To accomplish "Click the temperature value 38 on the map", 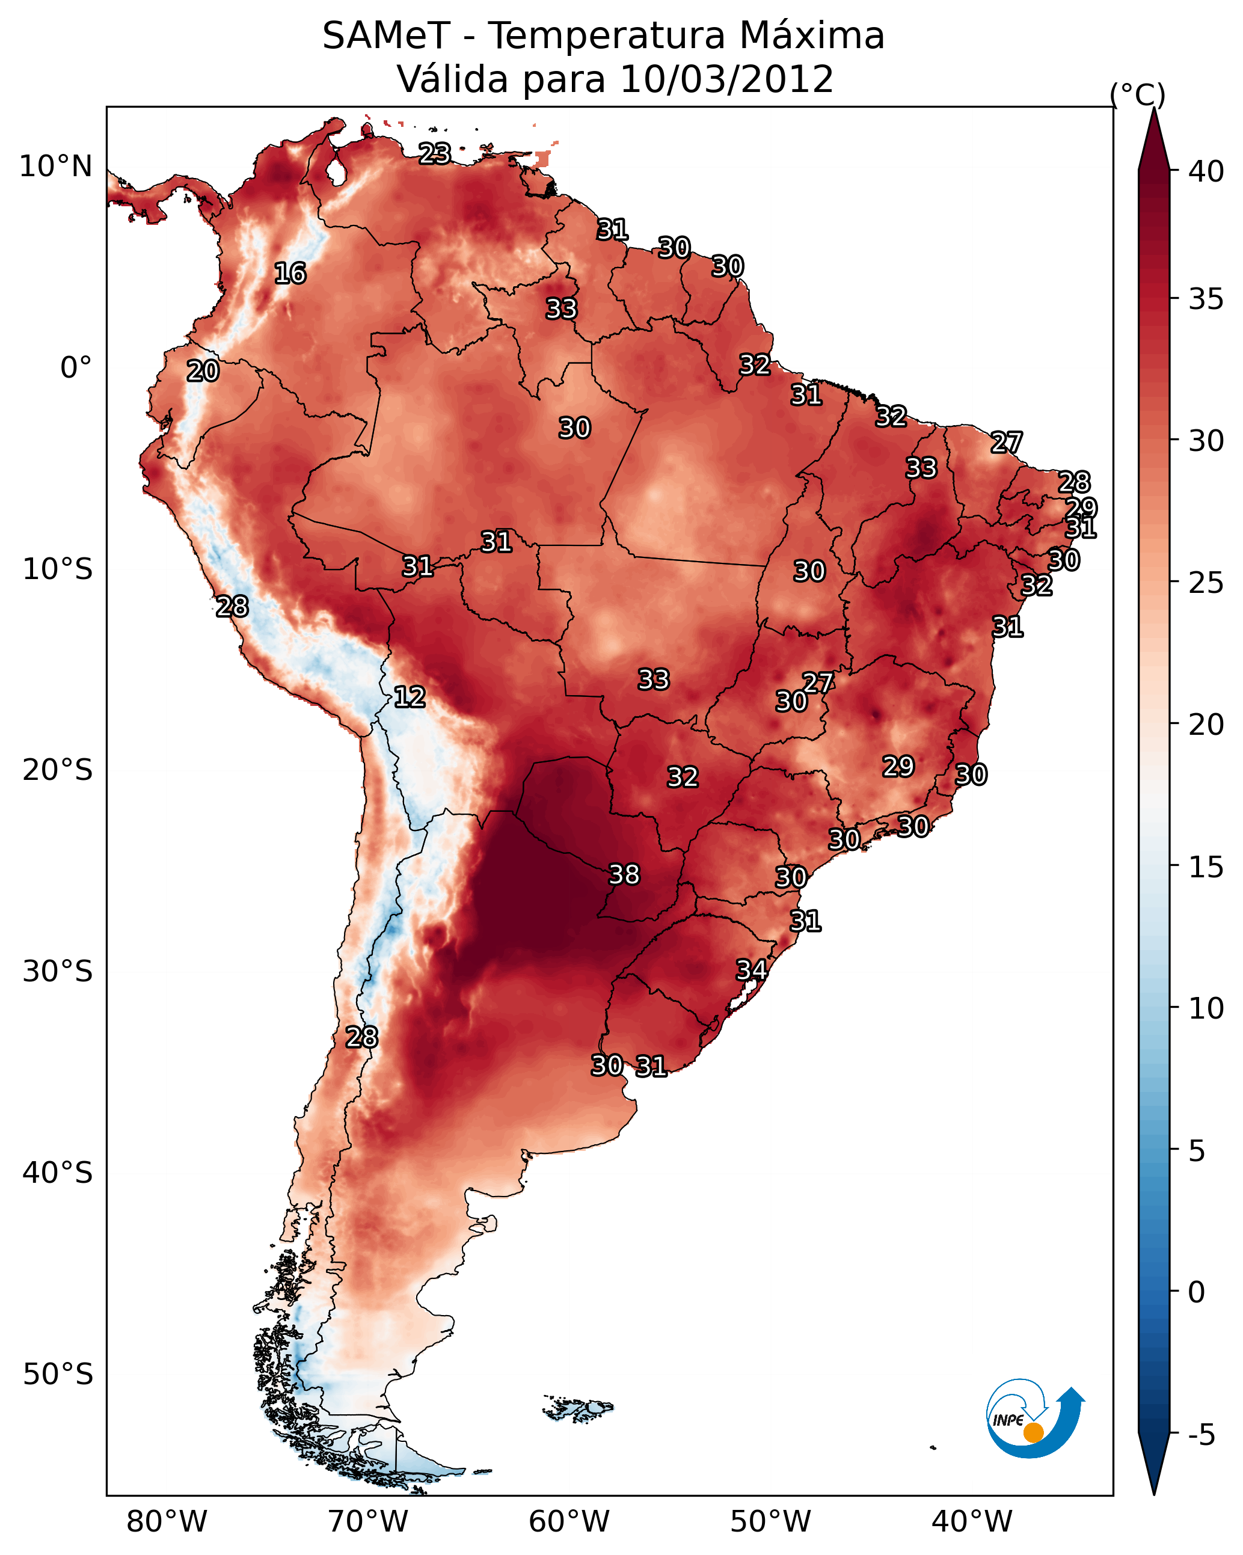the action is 624,874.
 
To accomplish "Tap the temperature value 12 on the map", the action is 410,697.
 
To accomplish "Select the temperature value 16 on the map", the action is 290,274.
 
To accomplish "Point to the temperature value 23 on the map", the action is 435,153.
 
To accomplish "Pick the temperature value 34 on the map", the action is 751,970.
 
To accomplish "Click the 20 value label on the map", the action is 203,372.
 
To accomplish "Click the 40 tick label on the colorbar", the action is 1206,171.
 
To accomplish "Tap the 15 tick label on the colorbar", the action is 1206,867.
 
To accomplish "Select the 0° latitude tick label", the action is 76,368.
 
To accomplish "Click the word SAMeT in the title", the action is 387,36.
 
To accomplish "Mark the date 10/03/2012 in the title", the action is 726,79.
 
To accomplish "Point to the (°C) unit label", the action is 1138,94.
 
